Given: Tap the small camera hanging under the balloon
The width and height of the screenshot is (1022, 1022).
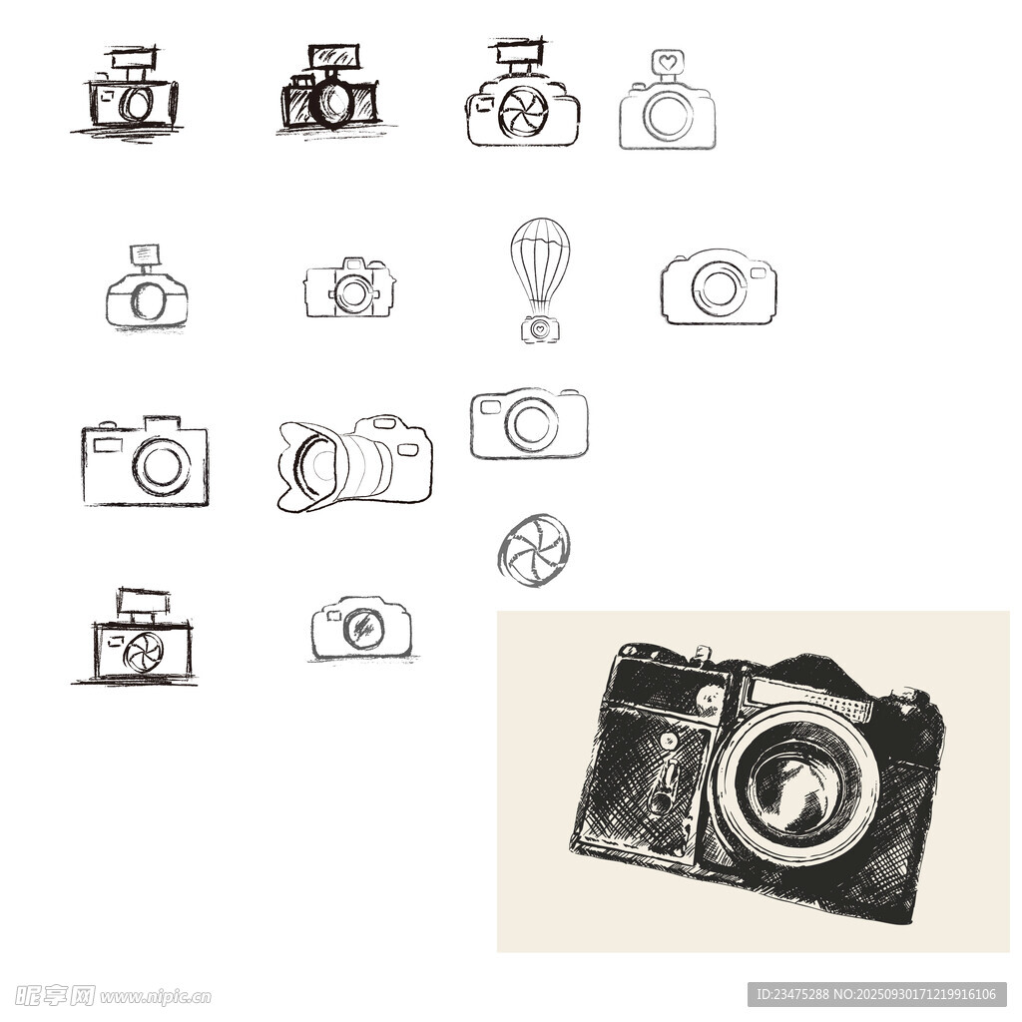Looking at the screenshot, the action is [540, 329].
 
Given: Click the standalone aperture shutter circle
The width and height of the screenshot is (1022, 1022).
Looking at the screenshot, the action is [533, 550].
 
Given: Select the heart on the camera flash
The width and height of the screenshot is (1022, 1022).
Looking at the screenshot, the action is [667, 63].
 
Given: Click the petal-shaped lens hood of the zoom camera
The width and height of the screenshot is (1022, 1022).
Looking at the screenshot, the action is [306, 466].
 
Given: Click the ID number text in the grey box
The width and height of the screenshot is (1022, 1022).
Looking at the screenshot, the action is [792, 995].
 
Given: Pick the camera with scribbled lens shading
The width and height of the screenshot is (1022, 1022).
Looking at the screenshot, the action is [361, 627].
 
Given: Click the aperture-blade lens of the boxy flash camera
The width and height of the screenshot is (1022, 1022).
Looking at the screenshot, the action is [144, 652].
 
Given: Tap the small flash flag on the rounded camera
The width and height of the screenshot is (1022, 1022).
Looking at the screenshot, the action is [145, 255].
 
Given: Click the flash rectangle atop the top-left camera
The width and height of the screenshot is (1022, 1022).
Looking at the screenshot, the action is [134, 59].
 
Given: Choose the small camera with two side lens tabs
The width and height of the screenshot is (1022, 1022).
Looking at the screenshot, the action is [350, 288].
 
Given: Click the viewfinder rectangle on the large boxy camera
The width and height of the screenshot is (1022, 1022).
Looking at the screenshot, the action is [108, 446].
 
